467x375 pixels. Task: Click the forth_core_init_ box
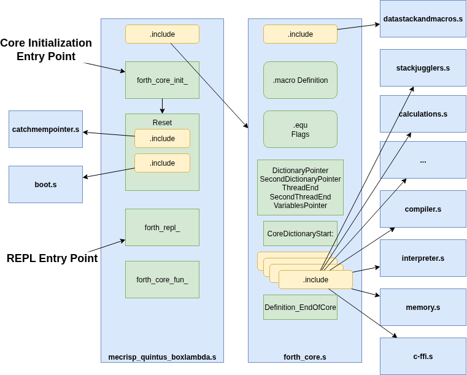click(x=162, y=80)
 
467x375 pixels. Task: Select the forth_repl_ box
click(x=162, y=227)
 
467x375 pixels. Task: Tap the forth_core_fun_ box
click(x=162, y=279)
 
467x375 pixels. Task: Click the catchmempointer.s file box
click(x=45, y=129)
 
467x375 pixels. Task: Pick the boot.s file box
click(x=45, y=184)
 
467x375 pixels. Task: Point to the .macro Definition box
click(x=300, y=80)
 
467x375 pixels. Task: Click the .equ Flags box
click(x=300, y=129)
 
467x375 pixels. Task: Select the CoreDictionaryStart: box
click(x=300, y=233)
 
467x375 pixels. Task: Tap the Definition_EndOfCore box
click(x=300, y=307)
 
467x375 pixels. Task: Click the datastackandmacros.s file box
click(x=423, y=19)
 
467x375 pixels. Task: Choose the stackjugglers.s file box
click(x=423, y=68)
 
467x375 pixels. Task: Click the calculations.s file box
click(x=423, y=114)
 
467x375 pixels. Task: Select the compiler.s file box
click(x=423, y=209)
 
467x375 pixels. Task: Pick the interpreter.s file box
click(x=423, y=258)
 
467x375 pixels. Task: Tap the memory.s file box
click(x=423, y=307)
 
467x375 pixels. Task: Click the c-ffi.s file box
click(x=423, y=356)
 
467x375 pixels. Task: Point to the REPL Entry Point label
click(x=52, y=258)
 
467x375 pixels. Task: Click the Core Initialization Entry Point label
click(x=46, y=50)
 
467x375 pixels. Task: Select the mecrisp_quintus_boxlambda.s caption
click(x=162, y=357)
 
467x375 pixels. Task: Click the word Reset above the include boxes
click(x=162, y=122)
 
